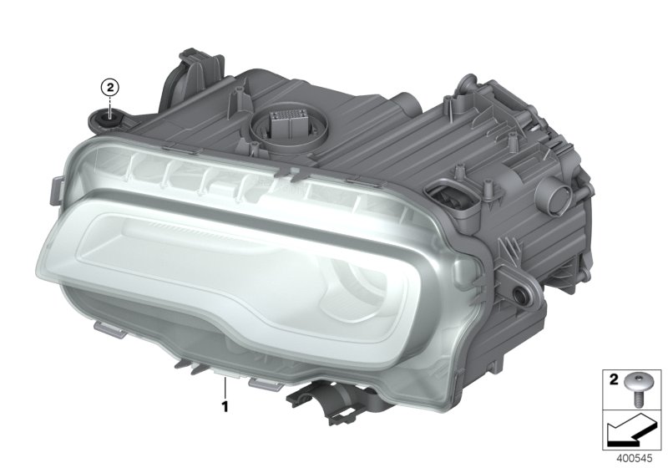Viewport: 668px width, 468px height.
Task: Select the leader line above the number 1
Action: pos(225,387)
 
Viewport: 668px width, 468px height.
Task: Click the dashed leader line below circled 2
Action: pos(110,105)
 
